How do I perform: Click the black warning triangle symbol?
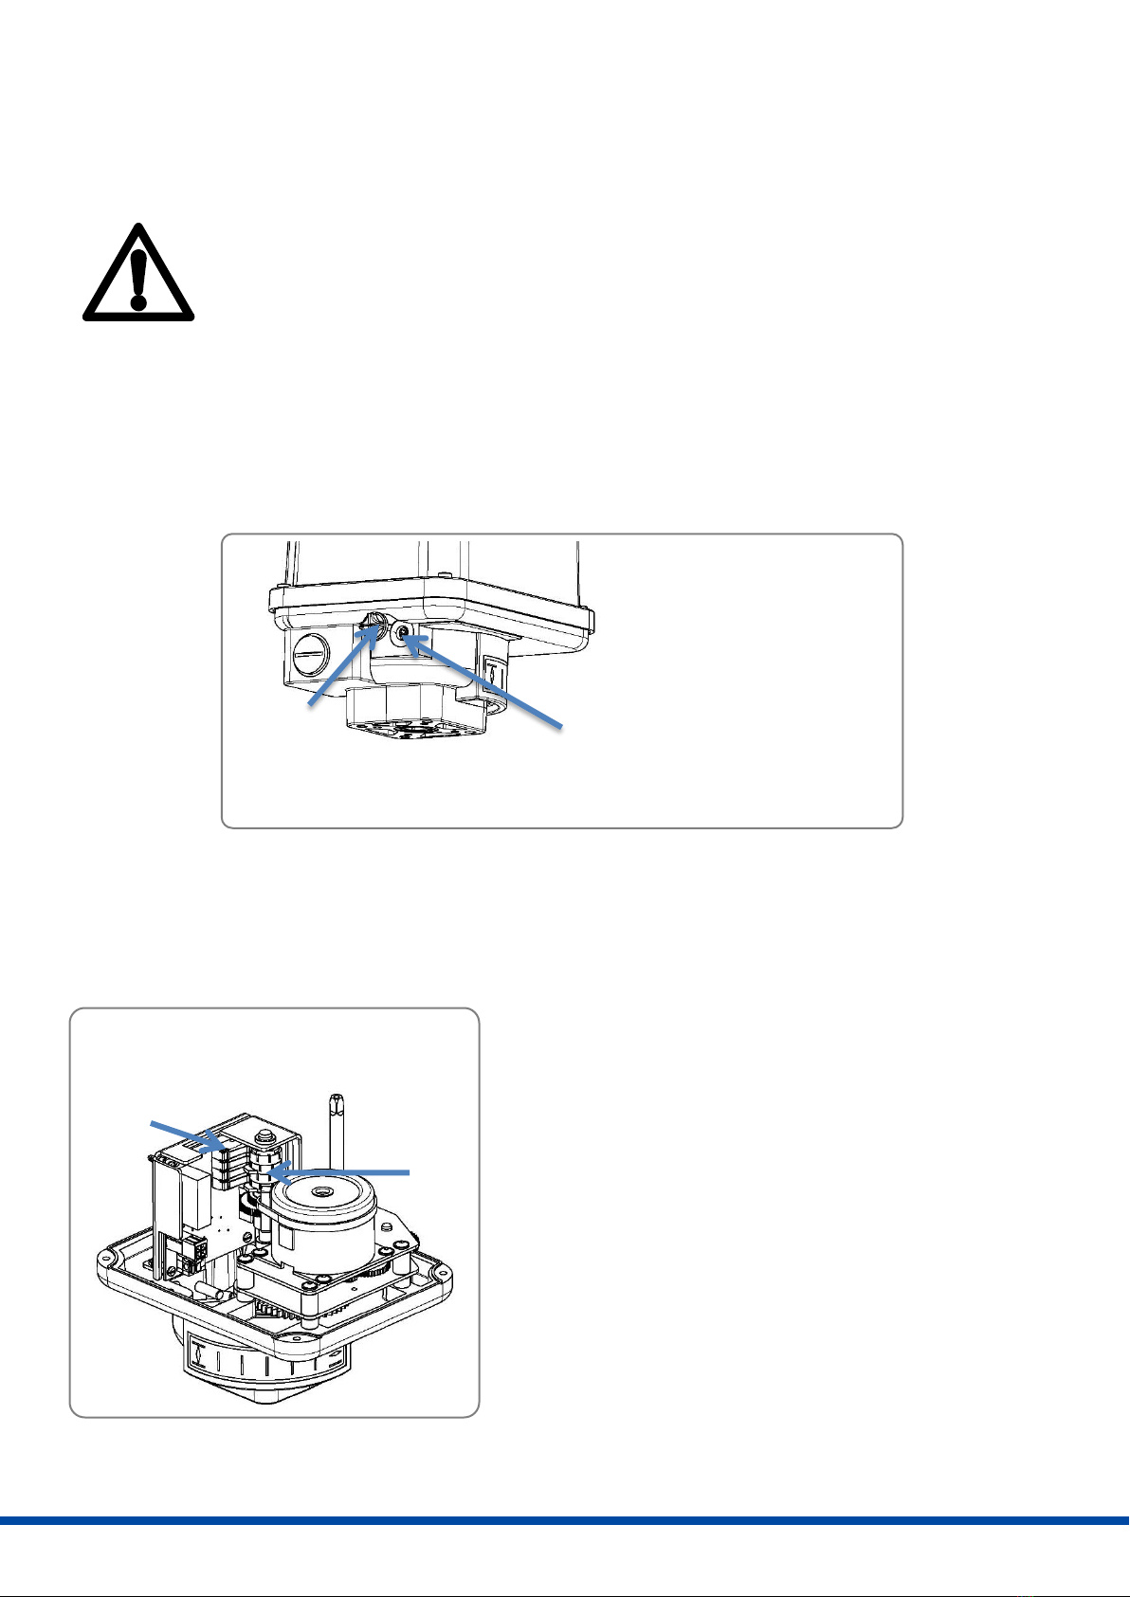[x=138, y=275]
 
